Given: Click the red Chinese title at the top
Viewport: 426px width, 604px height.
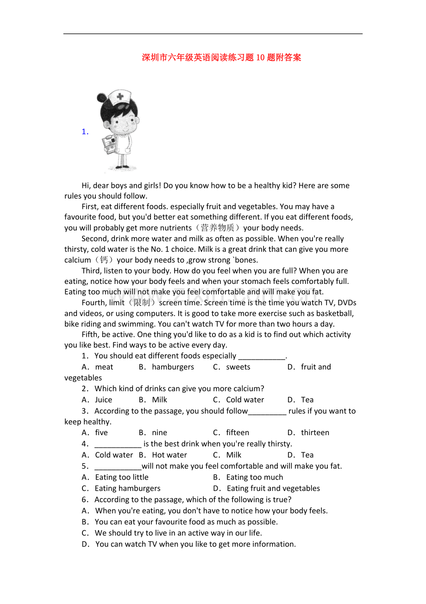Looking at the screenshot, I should (x=221, y=58).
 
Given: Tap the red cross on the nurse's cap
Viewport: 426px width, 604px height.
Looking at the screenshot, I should (x=120, y=97).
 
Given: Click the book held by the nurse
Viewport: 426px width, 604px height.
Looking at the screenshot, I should (x=109, y=144).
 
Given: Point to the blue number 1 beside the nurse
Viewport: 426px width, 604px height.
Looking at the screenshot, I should (x=85, y=132).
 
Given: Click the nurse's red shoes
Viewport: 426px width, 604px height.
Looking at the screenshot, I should (x=122, y=167).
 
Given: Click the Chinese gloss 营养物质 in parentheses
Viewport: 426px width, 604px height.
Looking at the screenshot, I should (x=217, y=228).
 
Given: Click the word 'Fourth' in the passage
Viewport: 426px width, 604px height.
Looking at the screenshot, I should (x=94, y=302).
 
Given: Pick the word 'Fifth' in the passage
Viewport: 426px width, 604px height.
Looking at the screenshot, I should (x=90, y=334).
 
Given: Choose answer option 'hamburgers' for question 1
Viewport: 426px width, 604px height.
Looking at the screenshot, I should (x=173, y=367).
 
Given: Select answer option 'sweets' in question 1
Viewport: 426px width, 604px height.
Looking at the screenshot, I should (x=238, y=367).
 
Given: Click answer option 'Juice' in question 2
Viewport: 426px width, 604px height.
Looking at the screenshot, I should (x=103, y=400).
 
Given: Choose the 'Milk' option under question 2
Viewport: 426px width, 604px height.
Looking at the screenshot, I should (x=159, y=400).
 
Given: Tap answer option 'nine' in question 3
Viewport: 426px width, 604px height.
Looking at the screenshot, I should (x=159, y=433).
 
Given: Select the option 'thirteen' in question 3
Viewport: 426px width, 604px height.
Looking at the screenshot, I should (x=315, y=433).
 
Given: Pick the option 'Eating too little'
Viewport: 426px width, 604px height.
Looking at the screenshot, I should (x=121, y=477).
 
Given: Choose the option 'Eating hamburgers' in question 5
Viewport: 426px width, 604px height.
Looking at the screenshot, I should (x=127, y=488).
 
